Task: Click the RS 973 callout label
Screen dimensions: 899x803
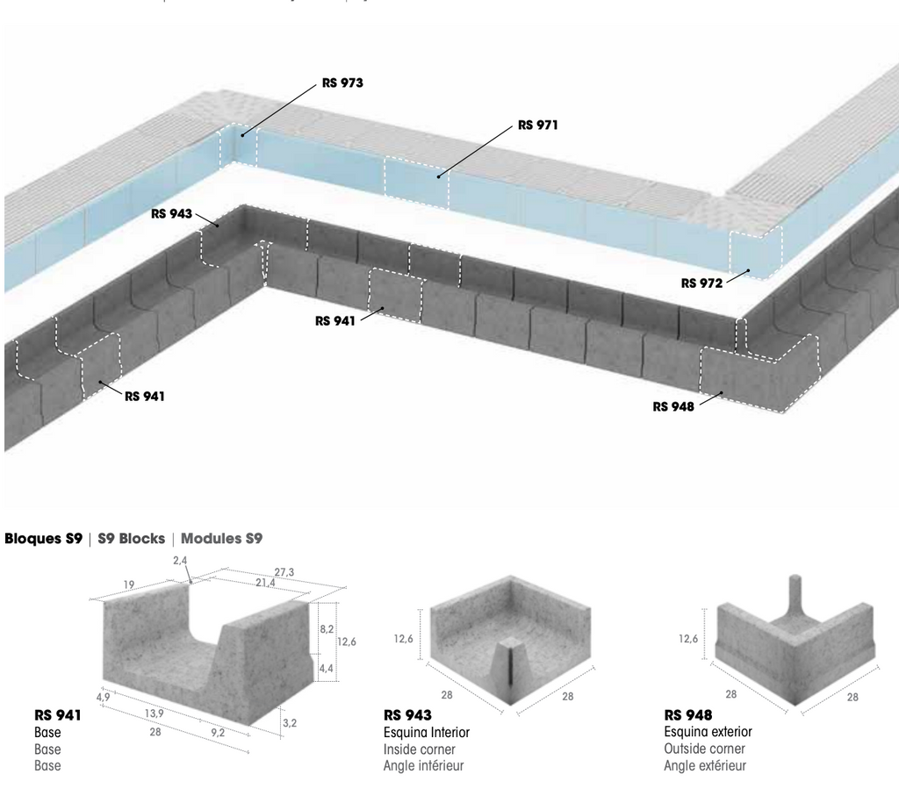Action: (x=342, y=83)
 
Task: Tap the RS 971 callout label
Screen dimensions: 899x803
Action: (x=538, y=125)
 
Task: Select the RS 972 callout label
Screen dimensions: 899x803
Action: (x=701, y=283)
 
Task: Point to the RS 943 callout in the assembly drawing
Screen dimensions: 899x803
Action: (x=171, y=214)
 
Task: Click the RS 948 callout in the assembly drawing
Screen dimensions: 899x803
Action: (x=673, y=406)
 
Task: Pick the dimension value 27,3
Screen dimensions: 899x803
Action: (x=284, y=572)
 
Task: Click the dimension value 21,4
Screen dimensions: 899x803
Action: (x=265, y=583)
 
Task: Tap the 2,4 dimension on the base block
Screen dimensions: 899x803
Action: (x=180, y=561)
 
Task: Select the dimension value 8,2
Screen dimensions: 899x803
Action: (x=327, y=629)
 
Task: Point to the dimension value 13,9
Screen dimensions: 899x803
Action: (x=154, y=713)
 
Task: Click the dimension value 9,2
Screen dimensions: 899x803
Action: (x=218, y=733)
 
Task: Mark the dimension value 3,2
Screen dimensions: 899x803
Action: (x=290, y=723)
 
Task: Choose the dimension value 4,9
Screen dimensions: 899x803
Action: (x=104, y=697)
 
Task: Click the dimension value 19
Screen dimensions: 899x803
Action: (x=129, y=584)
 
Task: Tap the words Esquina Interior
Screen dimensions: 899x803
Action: (x=427, y=733)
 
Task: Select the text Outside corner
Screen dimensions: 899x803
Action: (x=705, y=749)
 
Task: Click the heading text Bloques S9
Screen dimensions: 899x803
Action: (x=44, y=539)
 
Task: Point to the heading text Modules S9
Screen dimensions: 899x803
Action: (x=222, y=539)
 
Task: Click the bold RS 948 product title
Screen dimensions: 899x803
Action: (x=688, y=715)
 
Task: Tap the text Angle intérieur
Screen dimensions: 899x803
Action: (x=424, y=766)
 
